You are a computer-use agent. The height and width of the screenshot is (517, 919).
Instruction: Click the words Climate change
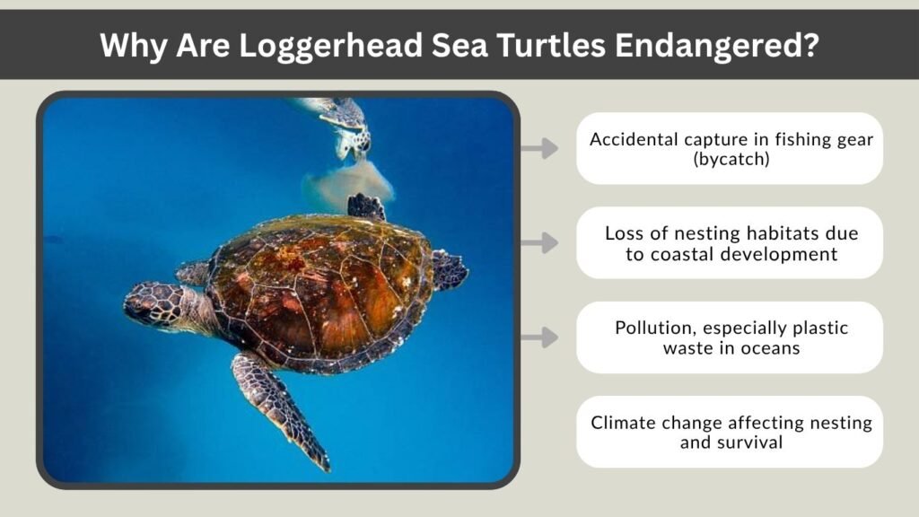coord(661,423)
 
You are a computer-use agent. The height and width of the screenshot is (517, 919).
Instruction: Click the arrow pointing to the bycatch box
coord(538,148)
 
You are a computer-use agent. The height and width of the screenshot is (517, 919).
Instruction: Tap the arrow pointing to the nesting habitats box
coord(538,242)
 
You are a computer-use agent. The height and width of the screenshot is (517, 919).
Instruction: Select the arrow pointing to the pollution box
coord(538,337)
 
